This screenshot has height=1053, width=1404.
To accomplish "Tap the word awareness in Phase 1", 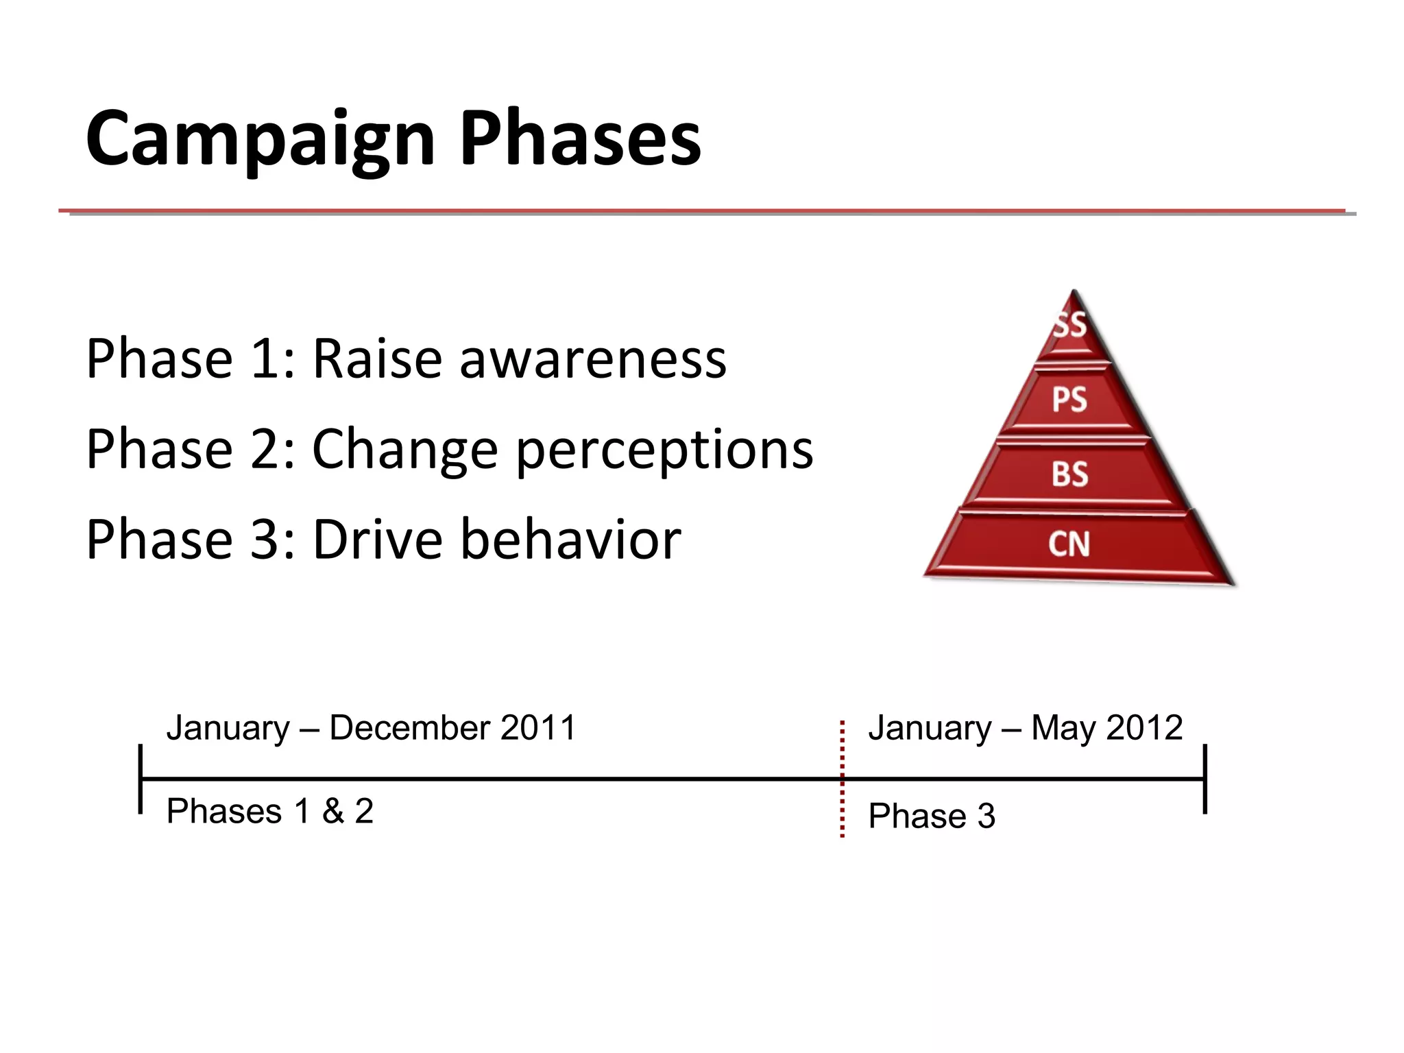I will pos(593,359).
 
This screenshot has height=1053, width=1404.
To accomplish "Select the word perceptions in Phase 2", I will pos(664,450).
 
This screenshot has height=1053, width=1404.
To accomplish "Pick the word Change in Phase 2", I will pos(404,450).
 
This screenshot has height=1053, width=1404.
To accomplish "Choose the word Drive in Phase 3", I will pos(377,540).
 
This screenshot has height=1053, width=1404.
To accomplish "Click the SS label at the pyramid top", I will pos(1070,325).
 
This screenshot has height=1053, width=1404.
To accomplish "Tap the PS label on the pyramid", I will pos(1069,400).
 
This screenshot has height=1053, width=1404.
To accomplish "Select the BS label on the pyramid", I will pos(1069,474).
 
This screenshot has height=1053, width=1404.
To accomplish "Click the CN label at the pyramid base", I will pos(1069,544).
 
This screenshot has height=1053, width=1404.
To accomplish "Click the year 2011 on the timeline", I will pos(538,728).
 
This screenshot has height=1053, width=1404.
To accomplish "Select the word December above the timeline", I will pos(409,728).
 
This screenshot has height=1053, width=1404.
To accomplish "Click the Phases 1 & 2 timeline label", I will pos(270,812).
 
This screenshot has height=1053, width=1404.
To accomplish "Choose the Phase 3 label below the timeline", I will pos(931,816).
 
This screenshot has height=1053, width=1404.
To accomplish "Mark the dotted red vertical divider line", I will pos(842,809).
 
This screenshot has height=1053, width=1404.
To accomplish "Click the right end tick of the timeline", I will pos(1205,779).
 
